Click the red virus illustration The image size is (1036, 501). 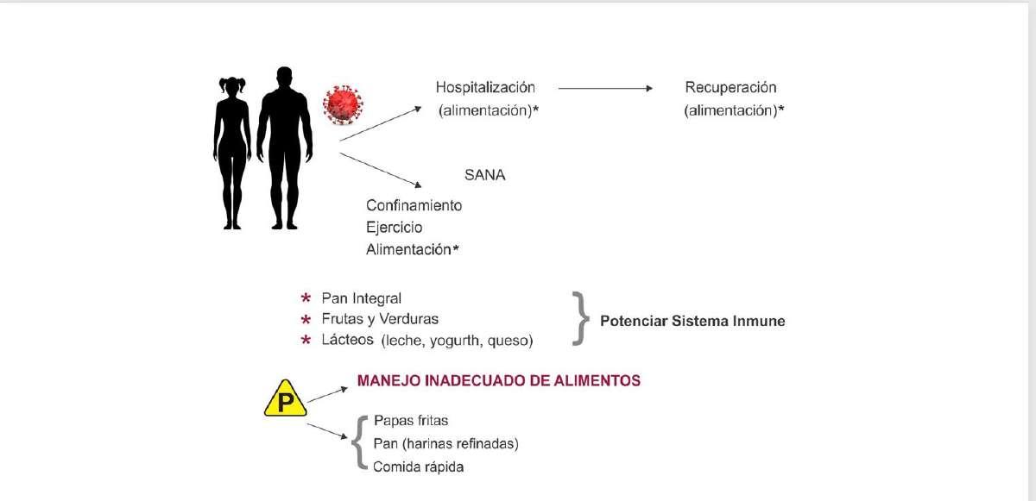(x=343, y=105)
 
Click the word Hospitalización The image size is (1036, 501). (x=485, y=88)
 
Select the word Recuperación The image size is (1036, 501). (x=730, y=88)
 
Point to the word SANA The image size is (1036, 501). (x=484, y=175)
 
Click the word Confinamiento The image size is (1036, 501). (x=414, y=205)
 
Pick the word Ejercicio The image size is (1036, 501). (x=394, y=228)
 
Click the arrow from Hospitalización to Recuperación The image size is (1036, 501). (x=605, y=88)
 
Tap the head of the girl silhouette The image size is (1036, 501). (x=231, y=86)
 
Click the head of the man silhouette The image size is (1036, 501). (x=284, y=77)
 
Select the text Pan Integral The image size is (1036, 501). (x=361, y=298)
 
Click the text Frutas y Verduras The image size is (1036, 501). (x=380, y=319)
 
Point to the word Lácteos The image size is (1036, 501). (x=347, y=340)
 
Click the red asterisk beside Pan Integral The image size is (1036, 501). (x=306, y=297)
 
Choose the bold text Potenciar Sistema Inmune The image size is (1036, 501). (x=692, y=321)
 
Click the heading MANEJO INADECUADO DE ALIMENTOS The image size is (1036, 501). (x=499, y=380)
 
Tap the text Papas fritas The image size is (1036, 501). (x=411, y=421)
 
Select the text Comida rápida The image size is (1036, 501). (x=418, y=467)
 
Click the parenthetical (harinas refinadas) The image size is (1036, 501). (x=460, y=444)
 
